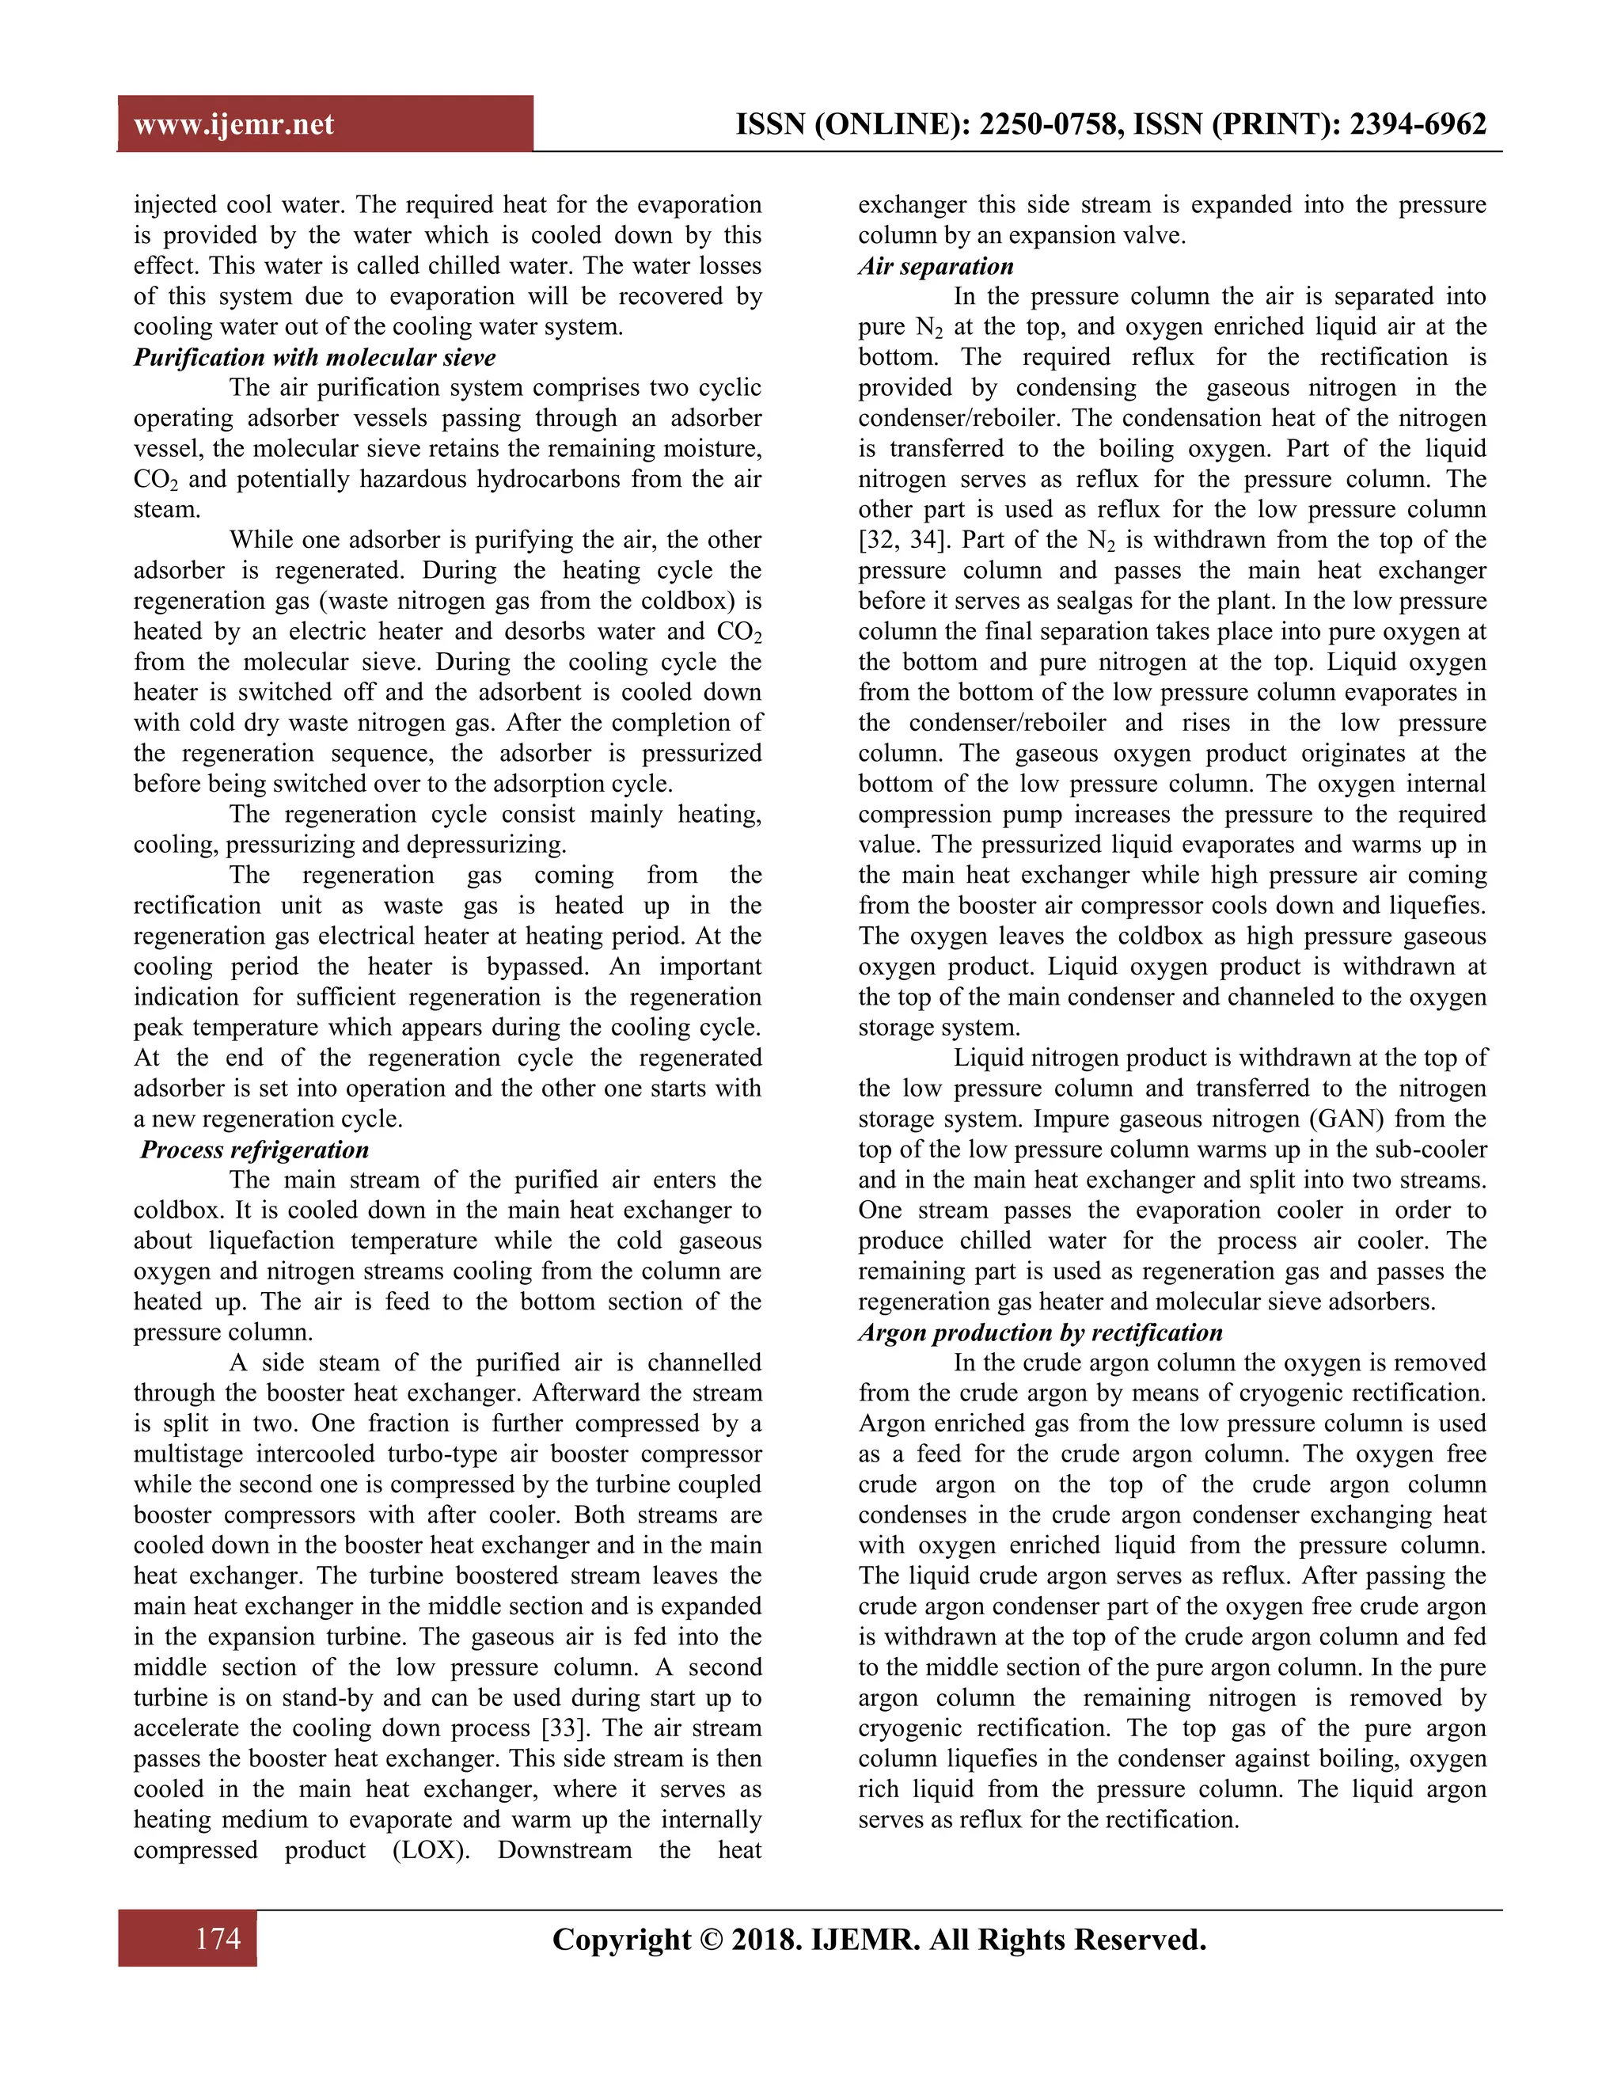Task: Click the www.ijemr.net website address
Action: [233, 125]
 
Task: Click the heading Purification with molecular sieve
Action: [314, 357]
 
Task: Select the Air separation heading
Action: [936, 266]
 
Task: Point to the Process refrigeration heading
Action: [255, 1150]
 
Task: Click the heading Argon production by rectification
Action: [1040, 1332]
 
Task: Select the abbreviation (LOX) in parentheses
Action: [431, 1850]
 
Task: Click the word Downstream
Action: [564, 1850]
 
